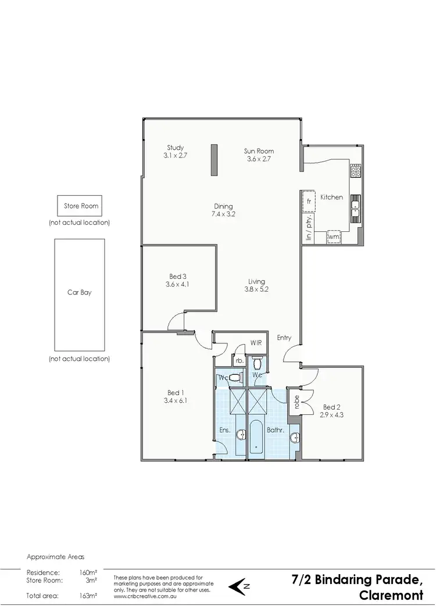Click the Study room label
(175, 148)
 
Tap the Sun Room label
(259, 151)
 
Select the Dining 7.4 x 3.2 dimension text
(223, 214)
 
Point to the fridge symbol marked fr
(309, 202)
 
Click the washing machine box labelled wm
(334, 237)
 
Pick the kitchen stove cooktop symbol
(355, 170)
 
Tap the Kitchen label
(332, 197)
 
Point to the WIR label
(256, 343)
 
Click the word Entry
(284, 338)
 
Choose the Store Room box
(81, 206)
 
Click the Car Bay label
(79, 292)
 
